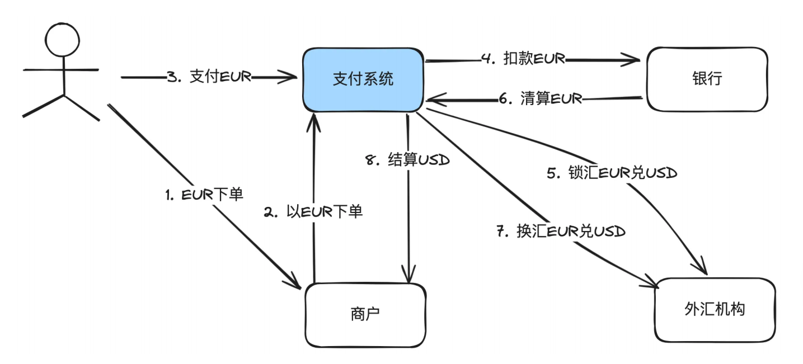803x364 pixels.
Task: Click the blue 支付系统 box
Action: point(363,80)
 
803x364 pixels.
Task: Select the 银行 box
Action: point(707,79)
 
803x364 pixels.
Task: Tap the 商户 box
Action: point(365,315)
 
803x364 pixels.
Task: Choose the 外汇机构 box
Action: point(715,310)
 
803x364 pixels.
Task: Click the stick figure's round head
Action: point(62,40)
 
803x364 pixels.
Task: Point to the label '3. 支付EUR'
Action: point(209,77)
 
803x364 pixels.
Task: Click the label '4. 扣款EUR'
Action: point(523,58)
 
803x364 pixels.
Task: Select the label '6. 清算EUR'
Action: point(541,98)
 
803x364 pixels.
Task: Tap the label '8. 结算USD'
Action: point(407,160)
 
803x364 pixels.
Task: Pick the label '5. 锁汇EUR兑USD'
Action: point(612,173)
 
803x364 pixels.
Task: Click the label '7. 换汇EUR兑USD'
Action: point(561,231)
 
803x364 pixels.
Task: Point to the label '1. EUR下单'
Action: point(204,195)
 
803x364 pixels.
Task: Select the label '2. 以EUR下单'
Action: point(313,212)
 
